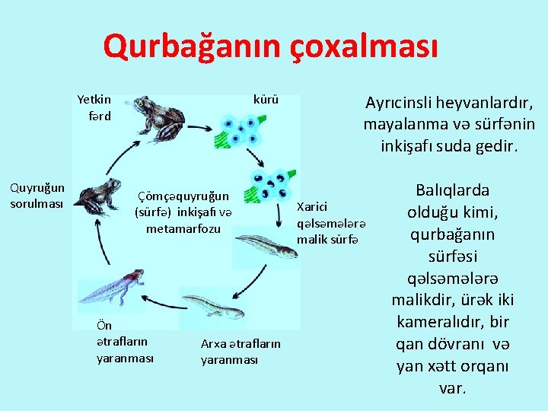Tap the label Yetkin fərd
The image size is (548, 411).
[94, 107]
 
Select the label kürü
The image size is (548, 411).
[266, 100]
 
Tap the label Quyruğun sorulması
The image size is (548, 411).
[37, 195]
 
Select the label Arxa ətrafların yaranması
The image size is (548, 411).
[241, 352]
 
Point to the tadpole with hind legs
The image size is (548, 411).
[214, 307]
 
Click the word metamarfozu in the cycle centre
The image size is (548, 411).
[183, 228]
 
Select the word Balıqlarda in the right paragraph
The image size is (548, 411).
[453, 190]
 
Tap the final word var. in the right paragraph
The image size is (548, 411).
[453, 388]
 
